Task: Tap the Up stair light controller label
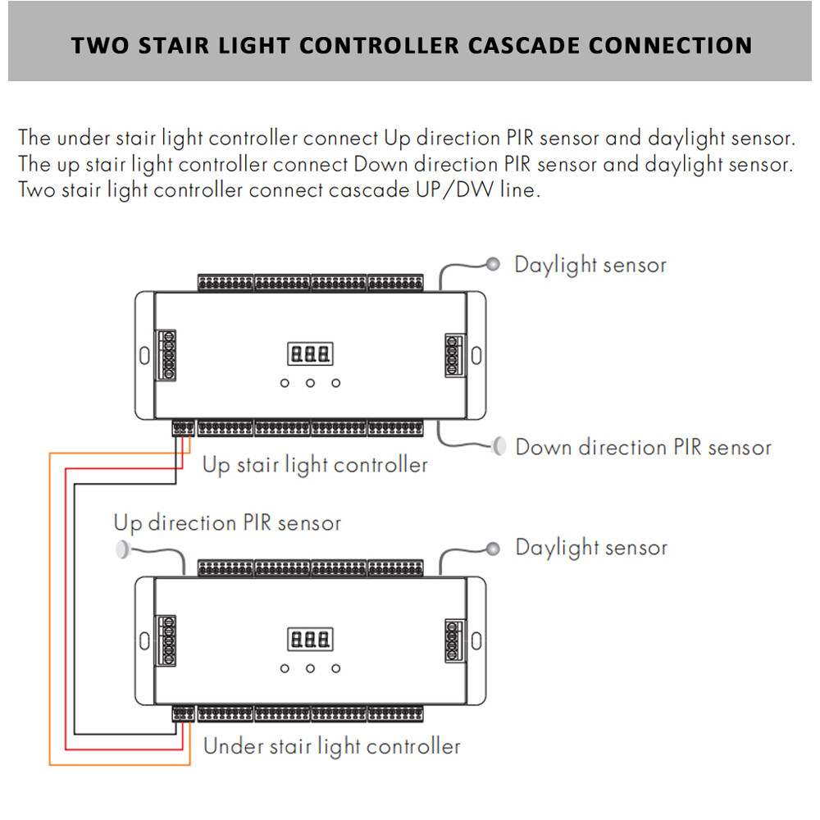click(315, 466)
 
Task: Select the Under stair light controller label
click(331, 746)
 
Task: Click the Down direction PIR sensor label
click(643, 448)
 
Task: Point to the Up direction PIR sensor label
click(227, 522)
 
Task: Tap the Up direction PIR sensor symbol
click(123, 548)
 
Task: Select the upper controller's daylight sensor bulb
click(493, 264)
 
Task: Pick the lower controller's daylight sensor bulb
click(493, 548)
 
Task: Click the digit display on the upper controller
click(310, 354)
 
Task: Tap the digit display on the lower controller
click(310, 639)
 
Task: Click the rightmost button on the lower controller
click(336, 668)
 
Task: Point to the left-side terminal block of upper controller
click(168, 354)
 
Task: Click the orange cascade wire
click(50, 607)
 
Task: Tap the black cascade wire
click(74, 607)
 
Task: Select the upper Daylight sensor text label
click(590, 265)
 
